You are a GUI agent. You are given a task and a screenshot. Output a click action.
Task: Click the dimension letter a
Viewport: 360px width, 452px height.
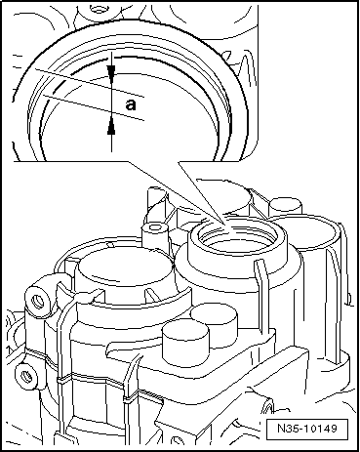131,105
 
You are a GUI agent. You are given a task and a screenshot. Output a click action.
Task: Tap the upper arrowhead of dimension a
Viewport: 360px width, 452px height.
111,71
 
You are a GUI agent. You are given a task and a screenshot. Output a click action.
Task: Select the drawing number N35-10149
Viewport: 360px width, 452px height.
307,428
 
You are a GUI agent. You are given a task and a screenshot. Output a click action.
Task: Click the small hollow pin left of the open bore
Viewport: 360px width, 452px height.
155,231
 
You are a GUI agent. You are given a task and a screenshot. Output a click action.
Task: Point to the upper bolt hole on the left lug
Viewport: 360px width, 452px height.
38,301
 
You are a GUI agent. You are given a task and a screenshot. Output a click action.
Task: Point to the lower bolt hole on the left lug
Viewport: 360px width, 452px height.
26,376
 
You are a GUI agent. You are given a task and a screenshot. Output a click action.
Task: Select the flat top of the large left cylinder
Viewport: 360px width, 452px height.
125,269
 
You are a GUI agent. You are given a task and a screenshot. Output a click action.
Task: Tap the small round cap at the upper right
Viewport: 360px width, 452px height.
286,206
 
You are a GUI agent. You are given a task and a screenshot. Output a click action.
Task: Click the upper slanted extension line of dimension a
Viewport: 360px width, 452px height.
89,83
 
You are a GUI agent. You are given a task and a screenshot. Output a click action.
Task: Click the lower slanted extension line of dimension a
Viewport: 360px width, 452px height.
93,107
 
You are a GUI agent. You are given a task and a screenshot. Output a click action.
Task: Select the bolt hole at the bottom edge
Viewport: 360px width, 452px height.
179,442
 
